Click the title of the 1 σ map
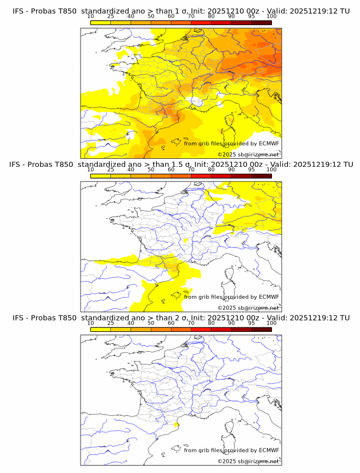181,11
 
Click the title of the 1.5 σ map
181,165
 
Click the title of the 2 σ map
181,318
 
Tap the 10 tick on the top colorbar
90,16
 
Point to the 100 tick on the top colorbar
271,16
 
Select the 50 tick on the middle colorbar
151,169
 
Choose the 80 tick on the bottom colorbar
211,322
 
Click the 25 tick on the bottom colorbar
110,322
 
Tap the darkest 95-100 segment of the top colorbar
261,22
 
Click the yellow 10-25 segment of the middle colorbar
100,175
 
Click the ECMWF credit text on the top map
231,143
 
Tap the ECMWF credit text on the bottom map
231,450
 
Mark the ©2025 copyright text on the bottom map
248,461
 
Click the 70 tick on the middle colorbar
191,169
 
